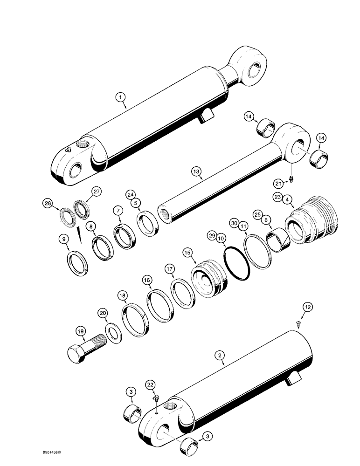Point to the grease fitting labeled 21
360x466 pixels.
291,178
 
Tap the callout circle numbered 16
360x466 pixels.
147,281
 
